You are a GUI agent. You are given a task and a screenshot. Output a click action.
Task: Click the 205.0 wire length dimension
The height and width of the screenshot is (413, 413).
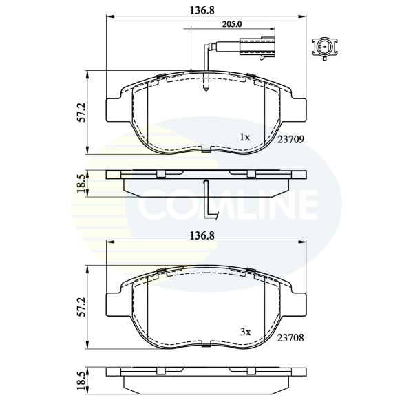pyautogui.click(x=232, y=24)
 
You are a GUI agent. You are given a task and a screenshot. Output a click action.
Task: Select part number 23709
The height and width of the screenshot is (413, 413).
pyautogui.click(x=290, y=139)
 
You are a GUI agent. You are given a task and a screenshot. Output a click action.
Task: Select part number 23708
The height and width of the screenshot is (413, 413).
pyautogui.click(x=290, y=338)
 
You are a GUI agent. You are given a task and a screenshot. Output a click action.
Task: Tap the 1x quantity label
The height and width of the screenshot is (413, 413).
pyautogui.click(x=244, y=137)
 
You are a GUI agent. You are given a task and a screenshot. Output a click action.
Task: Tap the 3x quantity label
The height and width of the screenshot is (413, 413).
pyautogui.click(x=246, y=332)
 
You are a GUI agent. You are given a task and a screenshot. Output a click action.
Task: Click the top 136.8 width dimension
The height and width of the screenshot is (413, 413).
pyautogui.click(x=202, y=10)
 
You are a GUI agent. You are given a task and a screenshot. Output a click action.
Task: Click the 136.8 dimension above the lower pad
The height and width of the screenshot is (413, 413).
pyautogui.click(x=202, y=235)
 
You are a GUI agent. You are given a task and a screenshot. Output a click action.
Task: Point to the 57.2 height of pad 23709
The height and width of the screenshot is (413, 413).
pyautogui.click(x=82, y=112)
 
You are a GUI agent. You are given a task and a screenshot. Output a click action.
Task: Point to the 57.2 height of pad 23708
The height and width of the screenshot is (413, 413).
pyautogui.click(x=82, y=307)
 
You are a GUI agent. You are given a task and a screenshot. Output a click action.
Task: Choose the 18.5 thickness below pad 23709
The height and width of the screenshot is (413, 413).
pyautogui.click(x=81, y=183)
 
